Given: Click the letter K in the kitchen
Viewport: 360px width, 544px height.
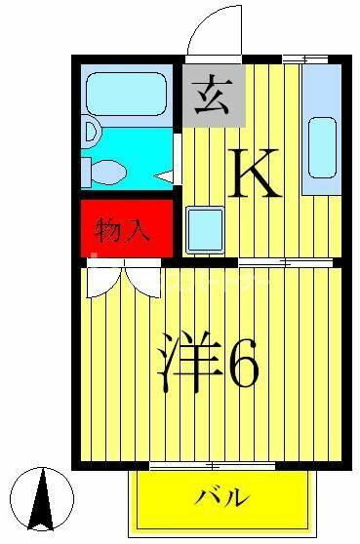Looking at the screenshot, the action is coord(254,173).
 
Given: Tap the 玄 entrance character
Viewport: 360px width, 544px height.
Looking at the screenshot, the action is coord(213,97).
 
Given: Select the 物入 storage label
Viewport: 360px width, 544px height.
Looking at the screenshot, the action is coord(122,230).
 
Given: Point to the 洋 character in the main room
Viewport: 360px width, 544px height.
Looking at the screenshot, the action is coord(190,363).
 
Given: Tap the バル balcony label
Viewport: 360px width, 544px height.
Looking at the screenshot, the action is coord(222,497).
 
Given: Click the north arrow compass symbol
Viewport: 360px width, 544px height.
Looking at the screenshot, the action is coord(42,499).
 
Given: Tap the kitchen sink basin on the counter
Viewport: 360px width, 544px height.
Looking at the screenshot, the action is coord(323,148).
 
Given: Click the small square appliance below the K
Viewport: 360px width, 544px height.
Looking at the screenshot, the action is coord(205,230).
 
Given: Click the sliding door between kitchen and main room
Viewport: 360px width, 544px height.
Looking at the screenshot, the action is coord(285,262).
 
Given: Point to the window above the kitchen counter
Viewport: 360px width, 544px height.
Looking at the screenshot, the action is coord(305,59).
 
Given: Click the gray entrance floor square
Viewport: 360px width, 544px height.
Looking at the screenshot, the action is coord(215,96).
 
